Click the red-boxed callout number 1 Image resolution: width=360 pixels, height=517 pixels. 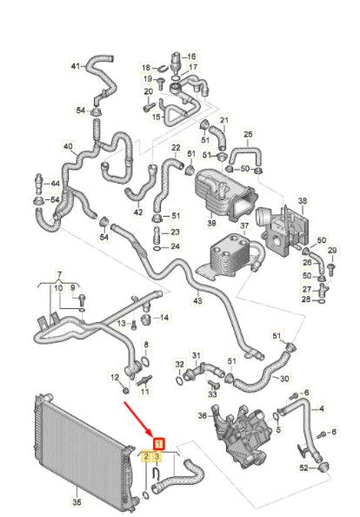159,441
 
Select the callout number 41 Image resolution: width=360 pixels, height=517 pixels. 76,66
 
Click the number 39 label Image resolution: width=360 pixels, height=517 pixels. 210,224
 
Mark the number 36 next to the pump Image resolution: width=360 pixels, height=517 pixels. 203,415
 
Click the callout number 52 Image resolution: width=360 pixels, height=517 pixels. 303,468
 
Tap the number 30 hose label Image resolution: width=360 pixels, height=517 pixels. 283,379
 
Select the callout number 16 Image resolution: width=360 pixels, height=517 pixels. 191,54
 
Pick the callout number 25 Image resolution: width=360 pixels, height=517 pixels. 248,134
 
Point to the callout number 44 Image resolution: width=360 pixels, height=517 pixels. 55,185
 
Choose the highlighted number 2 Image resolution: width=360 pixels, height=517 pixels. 146,456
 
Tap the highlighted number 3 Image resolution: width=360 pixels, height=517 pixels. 157,456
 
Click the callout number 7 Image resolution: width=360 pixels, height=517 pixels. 59,274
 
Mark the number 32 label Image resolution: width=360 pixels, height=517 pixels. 180,365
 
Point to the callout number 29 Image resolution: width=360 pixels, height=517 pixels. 331,251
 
